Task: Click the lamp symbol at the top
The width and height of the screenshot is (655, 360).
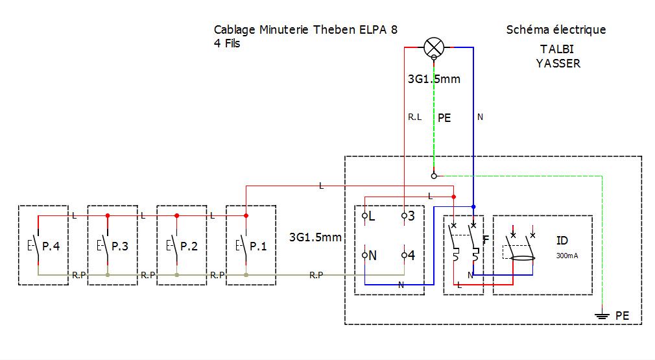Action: click(x=434, y=47)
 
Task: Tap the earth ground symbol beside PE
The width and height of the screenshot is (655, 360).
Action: click(x=602, y=316)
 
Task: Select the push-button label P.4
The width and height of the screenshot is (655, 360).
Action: click(x=51, y=246)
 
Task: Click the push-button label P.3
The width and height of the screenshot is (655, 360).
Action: click(x=120, y=246)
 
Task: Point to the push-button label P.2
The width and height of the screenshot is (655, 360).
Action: click(x=189, y=246)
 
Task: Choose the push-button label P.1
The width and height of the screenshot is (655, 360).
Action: click(x=258, y=246)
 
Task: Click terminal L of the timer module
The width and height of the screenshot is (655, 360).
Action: click(x=364, y=216)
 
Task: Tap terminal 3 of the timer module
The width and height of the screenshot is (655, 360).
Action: click(x=404, y=216)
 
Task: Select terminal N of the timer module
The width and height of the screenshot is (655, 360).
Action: click(x=364, y=255)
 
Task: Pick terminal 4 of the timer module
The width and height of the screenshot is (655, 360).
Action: click(x=404, y=255)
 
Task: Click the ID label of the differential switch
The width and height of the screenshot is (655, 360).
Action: click(x=562, y=241)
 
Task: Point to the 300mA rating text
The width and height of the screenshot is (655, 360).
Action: click(x=567, y=256)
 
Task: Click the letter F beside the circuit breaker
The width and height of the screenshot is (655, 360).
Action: click(x=486, y=240)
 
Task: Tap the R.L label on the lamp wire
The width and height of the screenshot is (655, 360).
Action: click(x=415, y=117)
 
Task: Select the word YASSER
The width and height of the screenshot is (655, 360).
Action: click(x=558, y=64)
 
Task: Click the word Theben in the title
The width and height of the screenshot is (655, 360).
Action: click(x=334, y=30)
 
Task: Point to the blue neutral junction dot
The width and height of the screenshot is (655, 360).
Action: click(x=473, y=207)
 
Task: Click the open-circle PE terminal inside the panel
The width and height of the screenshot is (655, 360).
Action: click(x=434, y=176)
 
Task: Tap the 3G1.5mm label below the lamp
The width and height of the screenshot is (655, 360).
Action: click(x=434, y=79)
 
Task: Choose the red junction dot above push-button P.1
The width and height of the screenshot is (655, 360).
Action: click(x=246, y=216)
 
